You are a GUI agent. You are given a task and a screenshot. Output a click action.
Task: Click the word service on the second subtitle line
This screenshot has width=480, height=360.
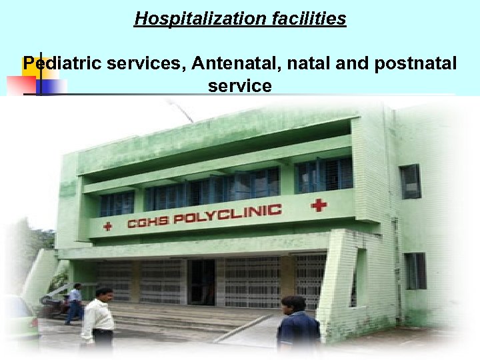[x=240, y=86]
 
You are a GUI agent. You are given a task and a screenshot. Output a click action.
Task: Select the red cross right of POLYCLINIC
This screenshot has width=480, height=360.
[x=319, y=205]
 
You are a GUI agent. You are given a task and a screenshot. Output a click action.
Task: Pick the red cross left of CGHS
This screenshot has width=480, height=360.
[x=107, y=226]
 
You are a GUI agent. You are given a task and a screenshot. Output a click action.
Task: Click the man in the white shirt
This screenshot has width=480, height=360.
[x=98, y=318]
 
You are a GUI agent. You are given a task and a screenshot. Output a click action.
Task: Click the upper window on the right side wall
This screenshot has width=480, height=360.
[x=410, y=181]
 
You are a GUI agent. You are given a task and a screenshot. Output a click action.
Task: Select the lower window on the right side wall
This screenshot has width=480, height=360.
[x=415, y=270]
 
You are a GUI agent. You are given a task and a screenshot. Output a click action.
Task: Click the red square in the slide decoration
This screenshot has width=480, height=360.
[x=21, y=86]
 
